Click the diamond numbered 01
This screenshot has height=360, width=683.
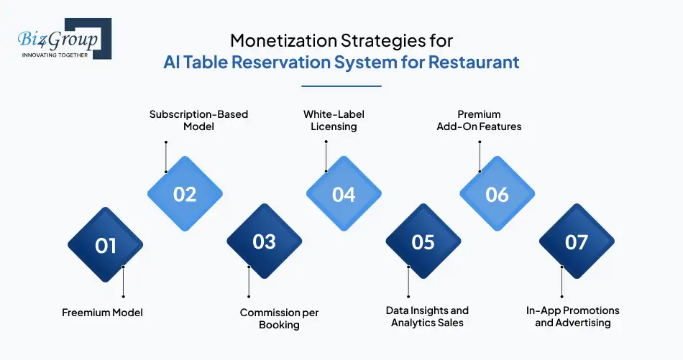tap(105, 245)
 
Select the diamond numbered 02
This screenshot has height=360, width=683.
tap(185, 194)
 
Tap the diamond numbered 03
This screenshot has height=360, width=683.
tap(265, 241)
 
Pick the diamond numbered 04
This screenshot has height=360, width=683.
tap(344, 194)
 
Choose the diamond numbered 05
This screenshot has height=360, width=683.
tap(423, 242)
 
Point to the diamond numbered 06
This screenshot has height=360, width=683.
tap(497, 194)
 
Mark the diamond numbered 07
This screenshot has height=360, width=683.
tap(577, 241)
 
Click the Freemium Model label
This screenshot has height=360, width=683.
tap(102, 313)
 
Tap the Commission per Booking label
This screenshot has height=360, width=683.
tap(279, 318)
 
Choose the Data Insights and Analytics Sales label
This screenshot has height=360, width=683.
tap(427, 316)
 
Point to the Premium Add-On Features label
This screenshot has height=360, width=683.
tap(479, 120)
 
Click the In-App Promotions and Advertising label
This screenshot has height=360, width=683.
tap(573, 316)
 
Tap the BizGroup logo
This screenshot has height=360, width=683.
tap(61, 38)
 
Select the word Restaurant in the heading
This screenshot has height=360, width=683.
tap(474, 62)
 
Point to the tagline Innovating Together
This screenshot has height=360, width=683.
tap(55, 54)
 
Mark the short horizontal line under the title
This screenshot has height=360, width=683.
tap(341, 86)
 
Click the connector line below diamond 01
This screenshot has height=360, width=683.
tap(123, 281)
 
